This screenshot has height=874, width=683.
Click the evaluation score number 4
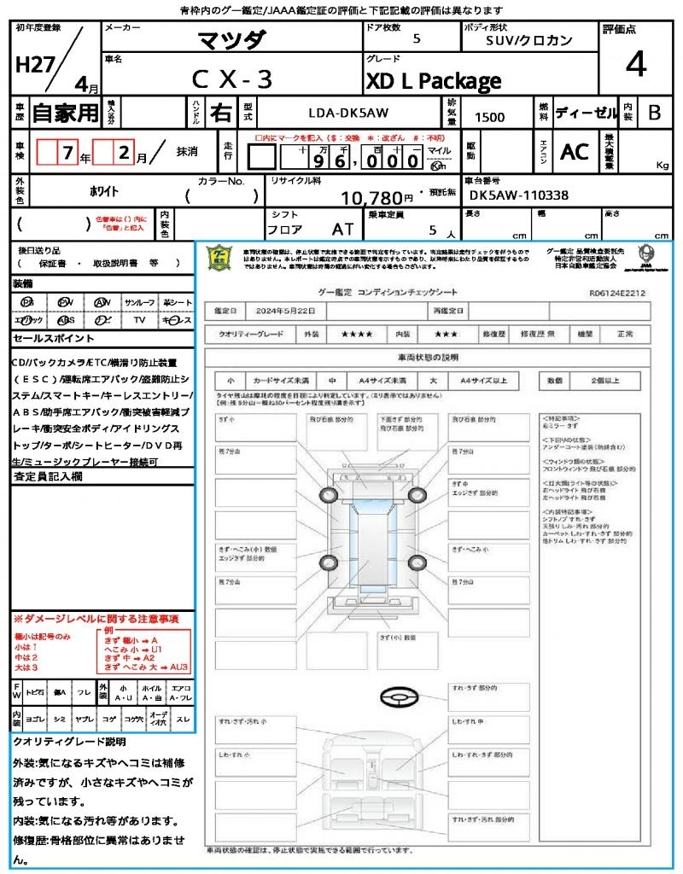[x=634, y=65]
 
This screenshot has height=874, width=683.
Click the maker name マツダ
[x=231, y=39]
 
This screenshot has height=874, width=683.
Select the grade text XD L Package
[x=433, y=81]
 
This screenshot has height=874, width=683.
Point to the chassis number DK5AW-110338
[x=518, y=195]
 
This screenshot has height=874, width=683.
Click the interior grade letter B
[x=653, y=112]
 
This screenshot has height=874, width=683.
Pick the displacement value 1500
[x=489, y=118]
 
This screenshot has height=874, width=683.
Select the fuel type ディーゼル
[x=586, y=112]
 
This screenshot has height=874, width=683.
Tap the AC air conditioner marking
[x=574, y=152]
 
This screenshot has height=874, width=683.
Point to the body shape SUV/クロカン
[x=528, y=40]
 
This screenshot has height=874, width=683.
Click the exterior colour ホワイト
[x=80, y=192]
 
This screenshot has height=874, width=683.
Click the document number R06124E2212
[x=617, y=292]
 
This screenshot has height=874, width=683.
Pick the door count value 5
[x=416, y=38]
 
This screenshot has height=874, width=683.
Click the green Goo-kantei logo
[x=221, y=257]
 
